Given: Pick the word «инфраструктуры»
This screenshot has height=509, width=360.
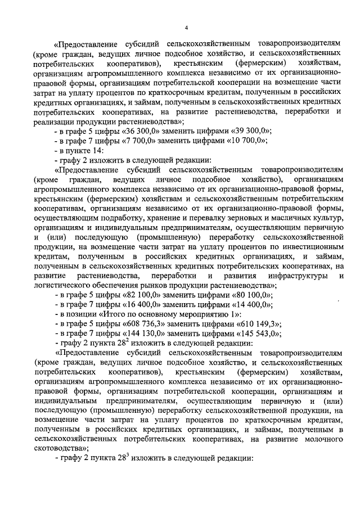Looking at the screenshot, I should pyautogui.click(x=300, y=276).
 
